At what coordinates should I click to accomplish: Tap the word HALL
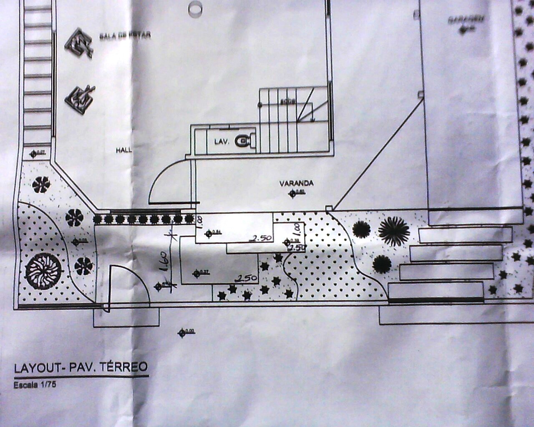point(124,150)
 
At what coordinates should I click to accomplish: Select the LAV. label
point(222,142)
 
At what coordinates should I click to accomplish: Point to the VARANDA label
point(296,183)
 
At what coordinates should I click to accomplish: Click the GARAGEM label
point(466,20)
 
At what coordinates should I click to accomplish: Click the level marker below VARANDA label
point(292,193)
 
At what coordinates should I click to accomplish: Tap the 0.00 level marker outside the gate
point(182,332)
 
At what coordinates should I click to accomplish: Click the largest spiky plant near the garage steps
point(394,231)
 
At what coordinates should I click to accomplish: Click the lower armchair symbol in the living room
point(80,98)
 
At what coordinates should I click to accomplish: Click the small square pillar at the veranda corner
point(329,208)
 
